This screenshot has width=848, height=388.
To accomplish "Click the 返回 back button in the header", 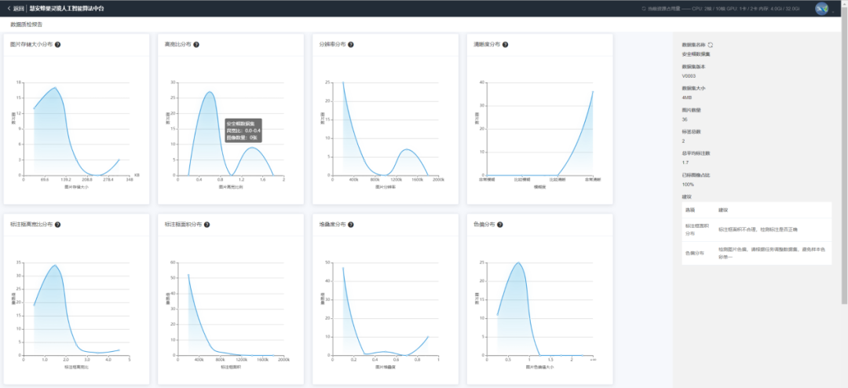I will [x=15, y=8].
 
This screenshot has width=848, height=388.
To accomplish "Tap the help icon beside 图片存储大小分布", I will [x=58, y=45].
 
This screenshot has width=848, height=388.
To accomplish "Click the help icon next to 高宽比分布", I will [x=196, y=45].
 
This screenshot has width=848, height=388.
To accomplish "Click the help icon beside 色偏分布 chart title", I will [x=502, y=224].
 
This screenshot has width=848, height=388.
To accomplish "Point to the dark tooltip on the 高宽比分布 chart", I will [x=243, y=130].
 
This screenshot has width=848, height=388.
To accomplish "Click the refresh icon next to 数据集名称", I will [x=711, y=45].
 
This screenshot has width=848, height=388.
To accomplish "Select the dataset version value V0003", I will [x=689, y=76].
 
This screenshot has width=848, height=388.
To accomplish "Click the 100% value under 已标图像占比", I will [x=689, y=184].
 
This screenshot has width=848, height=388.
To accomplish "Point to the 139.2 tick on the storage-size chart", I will [x=66, y=179].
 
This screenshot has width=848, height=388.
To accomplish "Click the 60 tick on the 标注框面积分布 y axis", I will [x=173, y=262].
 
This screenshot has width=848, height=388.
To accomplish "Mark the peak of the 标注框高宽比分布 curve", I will [x=54, y=265].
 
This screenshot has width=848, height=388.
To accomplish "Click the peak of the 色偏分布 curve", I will [x=518, y=263].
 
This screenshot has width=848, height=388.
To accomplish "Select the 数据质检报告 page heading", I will [x=27, y=25].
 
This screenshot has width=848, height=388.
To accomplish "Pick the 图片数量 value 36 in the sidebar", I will [x=685, y=119].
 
